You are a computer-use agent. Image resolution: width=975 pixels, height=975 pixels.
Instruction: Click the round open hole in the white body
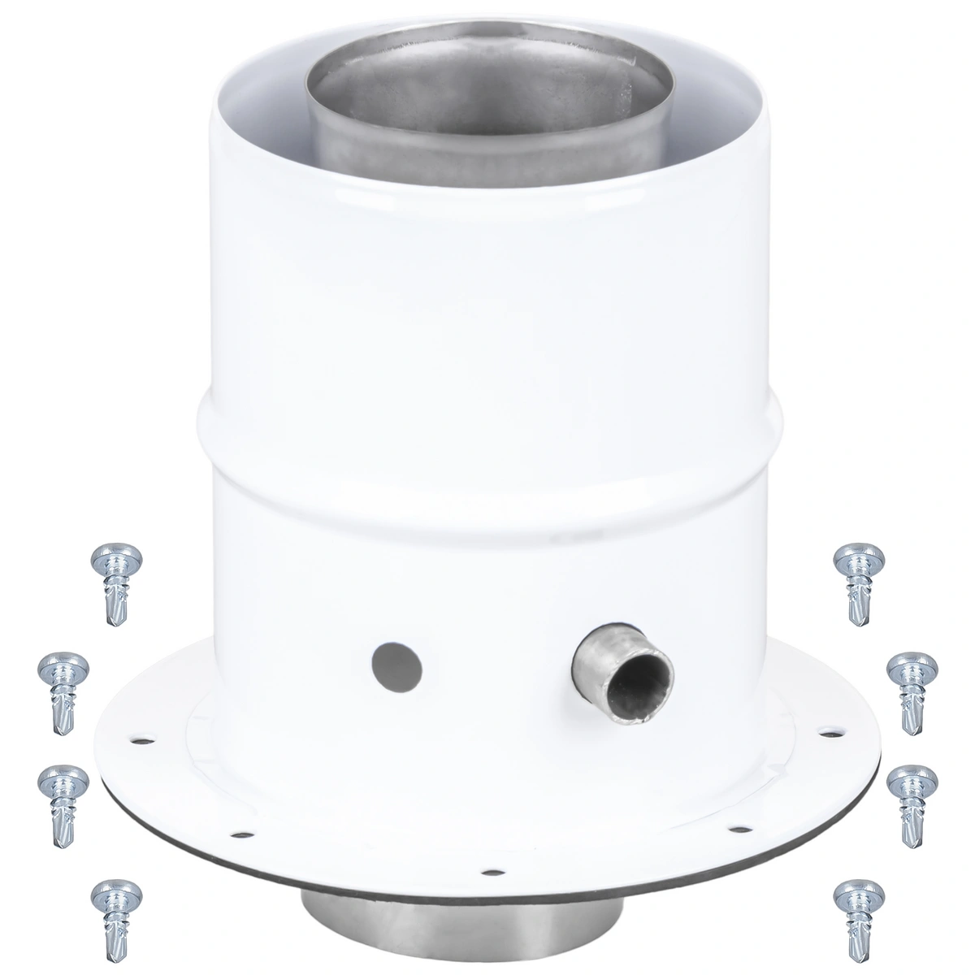tap(396, 664)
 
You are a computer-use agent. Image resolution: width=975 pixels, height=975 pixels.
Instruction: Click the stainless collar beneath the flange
tap(487, 910)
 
